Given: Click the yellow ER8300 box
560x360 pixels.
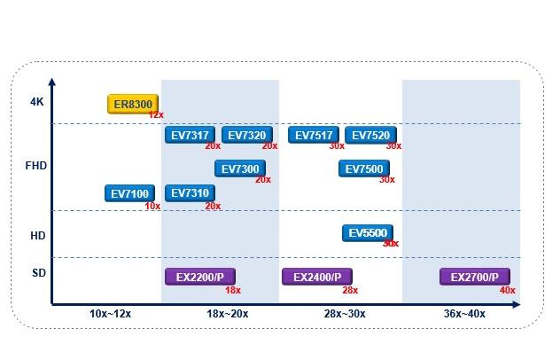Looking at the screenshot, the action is (133, 104).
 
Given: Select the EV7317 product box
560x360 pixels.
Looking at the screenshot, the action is (190, 135).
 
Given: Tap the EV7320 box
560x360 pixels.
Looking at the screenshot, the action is (247, 135).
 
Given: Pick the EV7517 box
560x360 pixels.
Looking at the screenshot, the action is (314, 135).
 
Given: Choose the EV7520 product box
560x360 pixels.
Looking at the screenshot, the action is (370, 135).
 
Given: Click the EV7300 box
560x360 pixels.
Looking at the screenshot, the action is (240, 168).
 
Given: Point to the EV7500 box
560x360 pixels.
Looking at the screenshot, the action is (364, 168).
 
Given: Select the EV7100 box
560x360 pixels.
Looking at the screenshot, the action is (129, 193).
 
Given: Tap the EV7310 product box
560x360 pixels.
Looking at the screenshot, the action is (190, 193).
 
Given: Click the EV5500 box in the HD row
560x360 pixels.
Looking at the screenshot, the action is (368, 233).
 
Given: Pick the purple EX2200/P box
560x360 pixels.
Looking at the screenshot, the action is (200, 277).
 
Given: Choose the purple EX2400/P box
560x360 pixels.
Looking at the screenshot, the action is (317, 277).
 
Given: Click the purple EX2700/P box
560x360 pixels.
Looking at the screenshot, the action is (475, 277).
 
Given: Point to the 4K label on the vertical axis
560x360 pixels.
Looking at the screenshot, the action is (37, 102).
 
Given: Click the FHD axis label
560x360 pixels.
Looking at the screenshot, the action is (36, 166).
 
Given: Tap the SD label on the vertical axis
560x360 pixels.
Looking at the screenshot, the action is (39, 273).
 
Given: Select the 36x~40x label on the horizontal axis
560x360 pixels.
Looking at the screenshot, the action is (464, 314).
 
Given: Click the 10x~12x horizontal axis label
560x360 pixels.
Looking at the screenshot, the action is (110, 314).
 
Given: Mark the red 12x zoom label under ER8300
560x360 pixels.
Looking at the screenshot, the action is (156, 114).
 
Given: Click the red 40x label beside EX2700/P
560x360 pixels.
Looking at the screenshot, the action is (508, 290).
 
